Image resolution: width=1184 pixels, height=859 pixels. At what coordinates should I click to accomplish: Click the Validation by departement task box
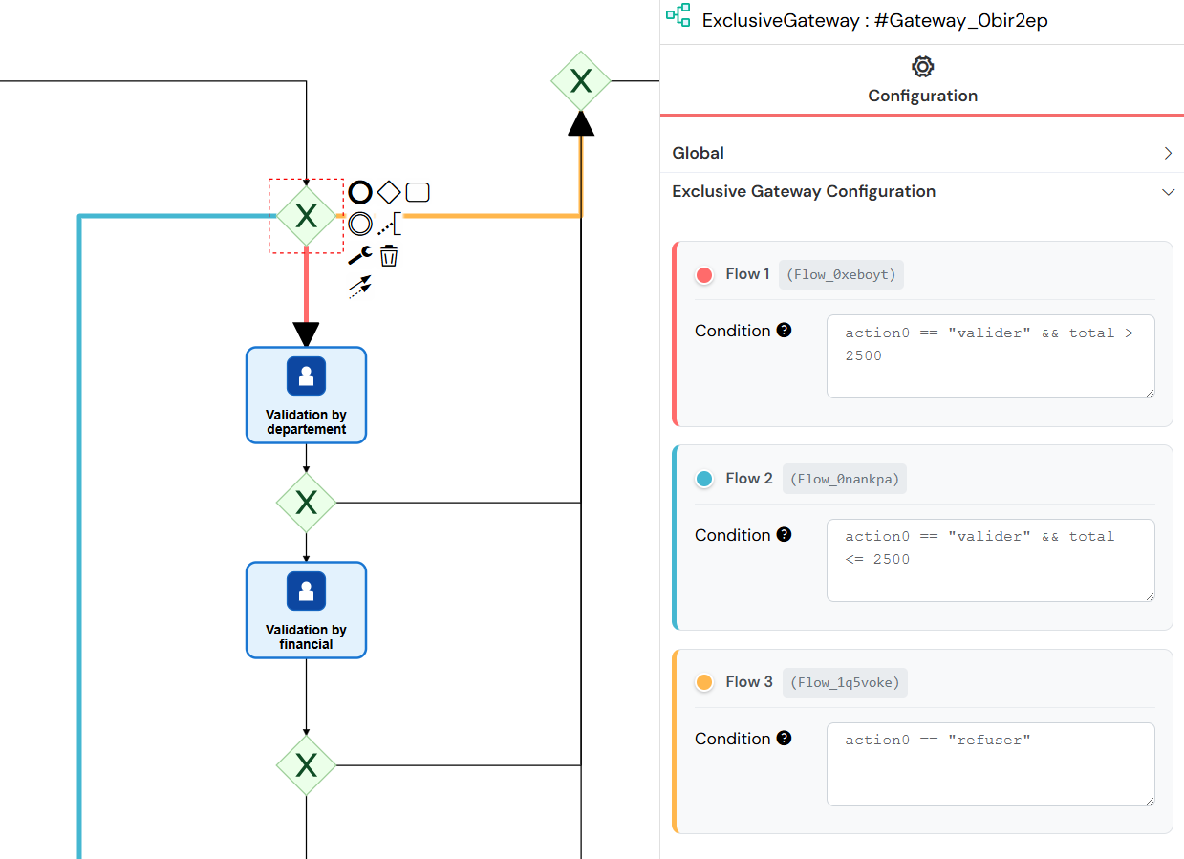coord(306,395)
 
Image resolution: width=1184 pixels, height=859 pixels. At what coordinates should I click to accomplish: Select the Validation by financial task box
coord(306,610)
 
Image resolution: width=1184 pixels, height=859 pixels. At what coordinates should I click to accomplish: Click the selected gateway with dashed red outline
coord(306,216)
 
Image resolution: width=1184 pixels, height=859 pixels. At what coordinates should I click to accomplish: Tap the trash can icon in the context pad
coord(389,256)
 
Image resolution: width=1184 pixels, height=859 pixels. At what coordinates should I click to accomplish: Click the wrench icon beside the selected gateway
coord(359,255)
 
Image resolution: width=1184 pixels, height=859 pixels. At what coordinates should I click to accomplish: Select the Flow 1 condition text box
coord(990,355)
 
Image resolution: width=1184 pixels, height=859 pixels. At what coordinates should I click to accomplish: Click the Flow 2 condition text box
coord(990,560)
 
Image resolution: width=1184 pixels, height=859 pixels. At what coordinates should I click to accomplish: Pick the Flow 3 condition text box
coord(990,763)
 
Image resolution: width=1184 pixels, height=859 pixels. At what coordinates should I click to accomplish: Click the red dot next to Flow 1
coord(704,275)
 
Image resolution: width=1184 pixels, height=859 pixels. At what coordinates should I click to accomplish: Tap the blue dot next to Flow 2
coord(704,479)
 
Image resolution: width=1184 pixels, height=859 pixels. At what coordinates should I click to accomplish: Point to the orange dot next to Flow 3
coord(704,682)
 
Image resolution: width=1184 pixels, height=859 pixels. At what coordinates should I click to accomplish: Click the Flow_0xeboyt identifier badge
coord(841,275)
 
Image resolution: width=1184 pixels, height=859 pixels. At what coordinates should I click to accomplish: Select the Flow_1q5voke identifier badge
coord(843,682)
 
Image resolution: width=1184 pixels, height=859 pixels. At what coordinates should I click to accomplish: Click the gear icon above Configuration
coord(922,66)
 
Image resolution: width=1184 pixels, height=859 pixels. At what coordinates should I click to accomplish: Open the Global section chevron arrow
coord(1167,153)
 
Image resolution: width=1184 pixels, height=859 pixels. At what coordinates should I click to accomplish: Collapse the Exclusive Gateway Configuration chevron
coord(1167,192)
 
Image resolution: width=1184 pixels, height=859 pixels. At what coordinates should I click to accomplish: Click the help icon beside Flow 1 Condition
coord(784,331)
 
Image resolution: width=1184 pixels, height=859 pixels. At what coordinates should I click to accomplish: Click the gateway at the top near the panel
coord(581,80)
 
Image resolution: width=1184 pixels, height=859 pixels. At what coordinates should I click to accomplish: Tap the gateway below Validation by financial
coord(306,764)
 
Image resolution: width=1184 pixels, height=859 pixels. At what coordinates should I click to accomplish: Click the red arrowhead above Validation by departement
coord(306,334)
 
